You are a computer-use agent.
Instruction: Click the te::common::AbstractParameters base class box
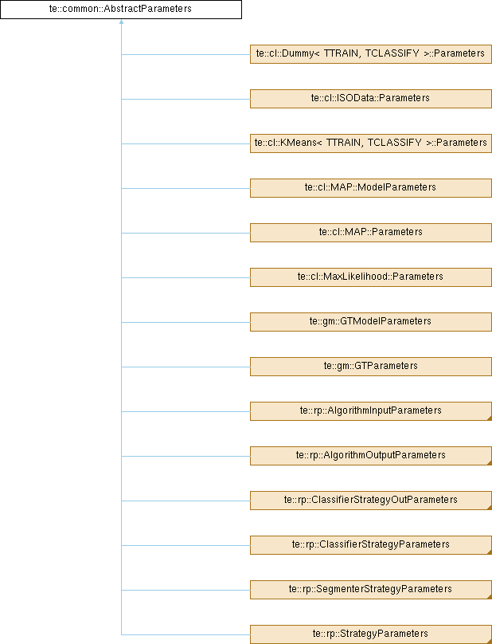(120, 10)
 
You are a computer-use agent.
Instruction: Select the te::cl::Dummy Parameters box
(370, 53)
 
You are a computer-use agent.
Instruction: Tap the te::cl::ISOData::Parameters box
(370, 98)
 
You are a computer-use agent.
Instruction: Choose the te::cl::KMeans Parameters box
(370, 143)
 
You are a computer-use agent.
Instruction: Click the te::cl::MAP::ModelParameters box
(370, 187)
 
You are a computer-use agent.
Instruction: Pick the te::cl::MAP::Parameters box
(370, 232)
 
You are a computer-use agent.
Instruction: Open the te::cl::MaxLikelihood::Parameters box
(370, 277)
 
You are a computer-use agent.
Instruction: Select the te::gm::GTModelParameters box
(370, 321)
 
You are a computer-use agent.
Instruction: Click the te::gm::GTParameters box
(370, 366)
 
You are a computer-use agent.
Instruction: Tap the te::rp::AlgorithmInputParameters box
(370, 410)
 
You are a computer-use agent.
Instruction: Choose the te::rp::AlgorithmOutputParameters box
(370, 455)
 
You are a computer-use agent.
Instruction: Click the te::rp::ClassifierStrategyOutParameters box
(370, 500)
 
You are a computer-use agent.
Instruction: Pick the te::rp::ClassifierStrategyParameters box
(370, 544)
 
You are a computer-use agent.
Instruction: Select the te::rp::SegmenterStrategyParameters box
(370, 589)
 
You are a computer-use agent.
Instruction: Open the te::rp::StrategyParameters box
(370, 634)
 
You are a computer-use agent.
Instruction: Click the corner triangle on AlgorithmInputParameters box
(488, 417)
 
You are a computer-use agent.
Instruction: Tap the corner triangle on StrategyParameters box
(488, 640)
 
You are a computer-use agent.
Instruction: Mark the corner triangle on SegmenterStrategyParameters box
(488, 595)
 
